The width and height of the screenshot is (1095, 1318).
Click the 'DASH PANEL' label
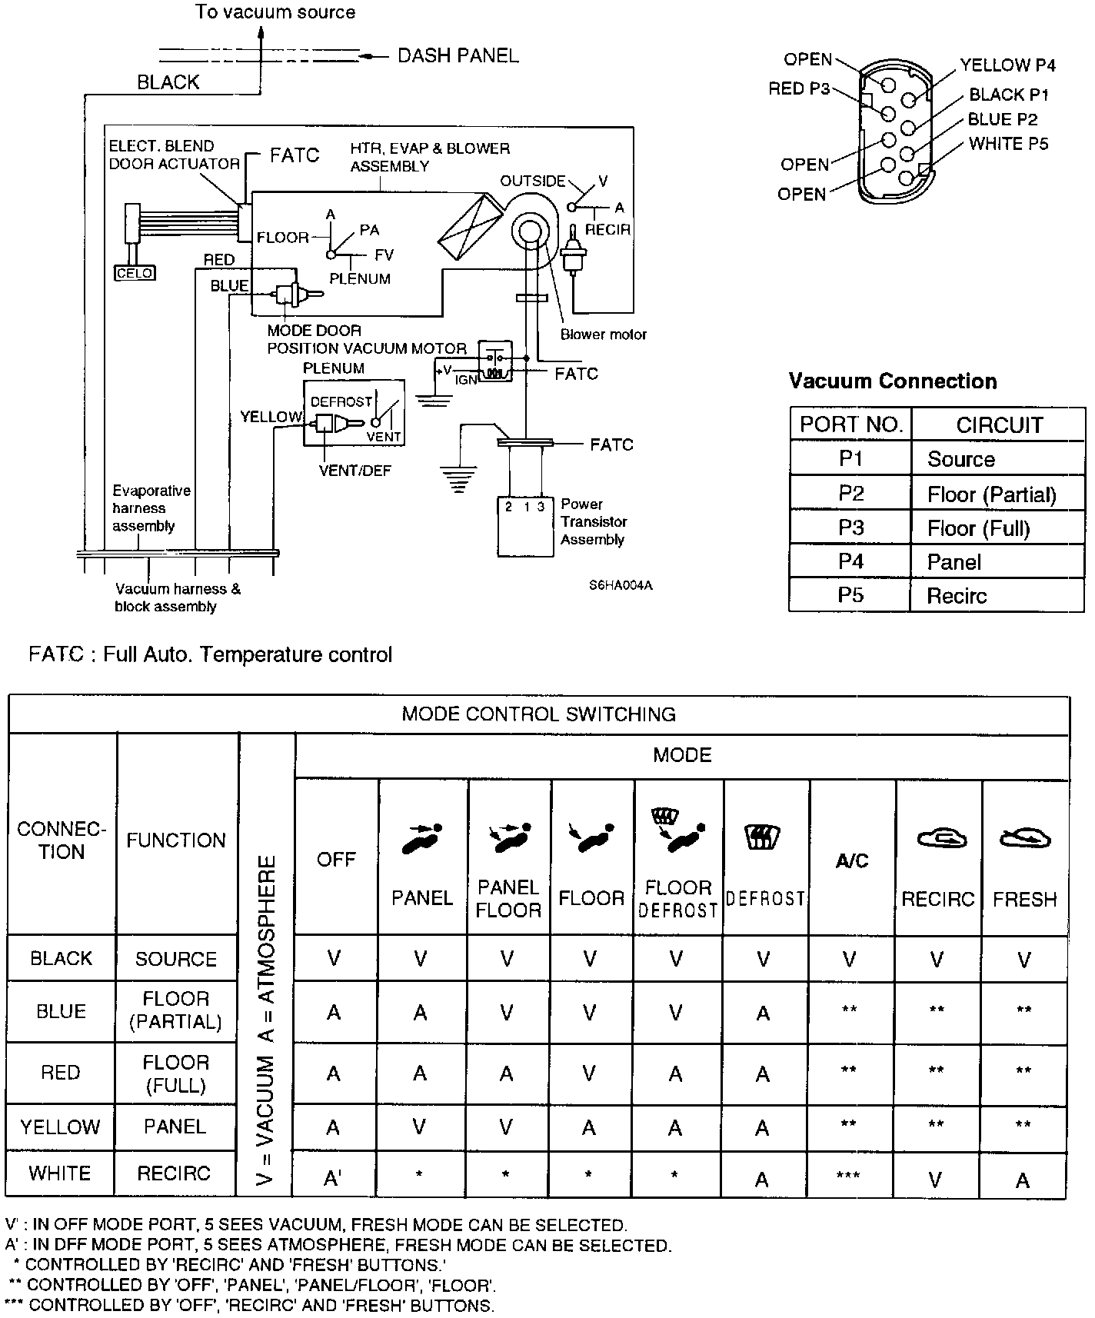coord(458,56)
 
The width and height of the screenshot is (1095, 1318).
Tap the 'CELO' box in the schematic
coord(135,272)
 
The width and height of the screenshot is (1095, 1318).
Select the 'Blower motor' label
coord(603,334)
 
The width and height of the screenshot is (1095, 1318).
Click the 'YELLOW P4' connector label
coord(1007,65)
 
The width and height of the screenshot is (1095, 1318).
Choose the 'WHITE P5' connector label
coord(1008,144)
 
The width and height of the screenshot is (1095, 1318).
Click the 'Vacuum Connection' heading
coord(892,381)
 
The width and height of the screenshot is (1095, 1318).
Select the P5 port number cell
coord(850,595)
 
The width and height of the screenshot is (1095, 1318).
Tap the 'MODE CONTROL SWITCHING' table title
coord(538,714)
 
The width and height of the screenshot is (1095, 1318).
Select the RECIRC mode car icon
coord(937,838)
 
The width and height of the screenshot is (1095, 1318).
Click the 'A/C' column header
coord(851,861)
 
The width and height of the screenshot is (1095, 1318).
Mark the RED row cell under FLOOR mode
coord(590,1073)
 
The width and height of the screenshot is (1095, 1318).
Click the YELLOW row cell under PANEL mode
coord(420,1127)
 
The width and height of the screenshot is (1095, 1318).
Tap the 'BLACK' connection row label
coord(61,958)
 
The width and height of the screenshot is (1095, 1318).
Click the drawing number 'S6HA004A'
coord(621,585)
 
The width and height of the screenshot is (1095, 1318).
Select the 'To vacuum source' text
coord(275,12)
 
